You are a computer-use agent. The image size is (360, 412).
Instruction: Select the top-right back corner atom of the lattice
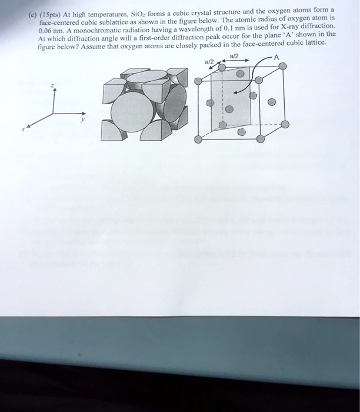[x=283, y=66]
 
